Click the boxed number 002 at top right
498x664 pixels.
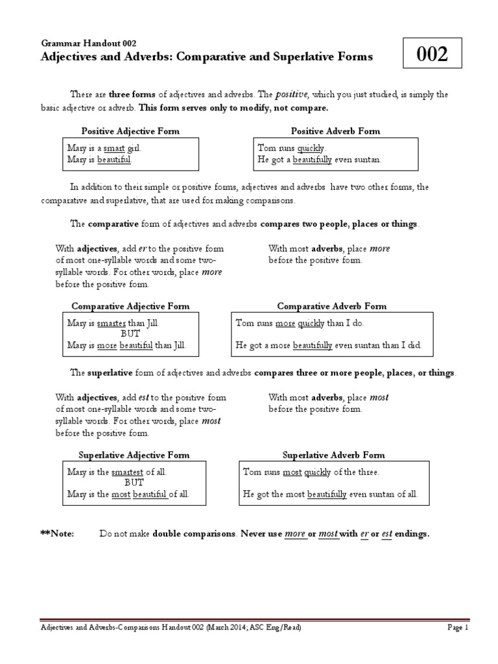pos(432,54)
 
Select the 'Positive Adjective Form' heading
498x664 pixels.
pos(130,131)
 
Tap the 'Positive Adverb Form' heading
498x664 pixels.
pos(335,131)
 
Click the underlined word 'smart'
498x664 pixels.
pos(115,147)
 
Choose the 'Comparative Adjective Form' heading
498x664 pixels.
pos(130,306)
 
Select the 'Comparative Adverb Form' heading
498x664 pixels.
pos(331,306)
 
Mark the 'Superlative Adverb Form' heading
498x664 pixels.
pos(334,455)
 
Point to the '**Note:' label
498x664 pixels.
pos(57,534)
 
